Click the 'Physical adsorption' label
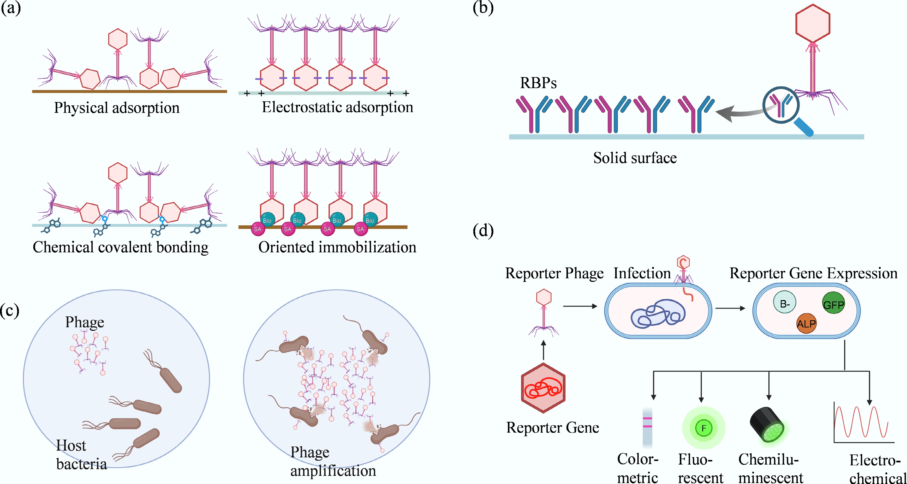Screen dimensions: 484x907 pos(117,108)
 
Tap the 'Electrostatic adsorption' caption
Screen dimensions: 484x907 pos(337,107)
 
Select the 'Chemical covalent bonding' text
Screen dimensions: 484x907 pos(120,247)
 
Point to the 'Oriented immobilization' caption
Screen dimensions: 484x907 pos(337,247)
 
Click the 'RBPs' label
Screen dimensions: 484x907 pos(538,83)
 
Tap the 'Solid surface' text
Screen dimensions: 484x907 pos(635,158)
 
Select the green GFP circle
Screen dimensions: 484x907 pos(833,303)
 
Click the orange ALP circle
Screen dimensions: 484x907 pos(806,323)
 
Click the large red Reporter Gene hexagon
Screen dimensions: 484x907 pos(543,388)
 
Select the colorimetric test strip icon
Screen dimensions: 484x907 pos(647,427)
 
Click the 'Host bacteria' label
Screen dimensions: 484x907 pos(81,455)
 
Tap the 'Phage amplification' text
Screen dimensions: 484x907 pos(333,461)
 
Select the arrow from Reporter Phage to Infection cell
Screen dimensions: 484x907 pos(580,306)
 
